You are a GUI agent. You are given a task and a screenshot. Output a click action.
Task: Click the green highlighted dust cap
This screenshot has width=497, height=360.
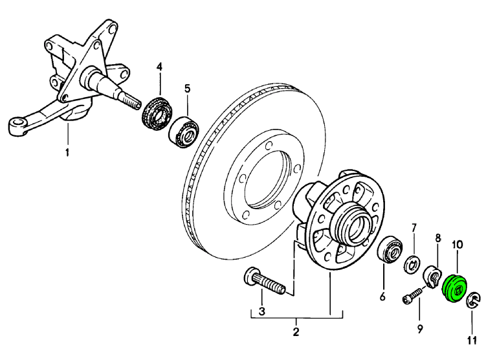456,289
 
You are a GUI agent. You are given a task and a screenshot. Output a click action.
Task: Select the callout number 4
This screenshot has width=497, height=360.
159,66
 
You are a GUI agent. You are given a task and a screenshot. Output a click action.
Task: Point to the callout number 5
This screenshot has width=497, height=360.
187,87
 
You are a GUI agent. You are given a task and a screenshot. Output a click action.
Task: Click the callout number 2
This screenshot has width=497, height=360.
296,333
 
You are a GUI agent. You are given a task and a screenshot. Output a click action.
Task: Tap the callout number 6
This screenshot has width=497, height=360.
382,297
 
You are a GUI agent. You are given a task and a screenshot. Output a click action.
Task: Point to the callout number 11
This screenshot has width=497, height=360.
472,340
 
